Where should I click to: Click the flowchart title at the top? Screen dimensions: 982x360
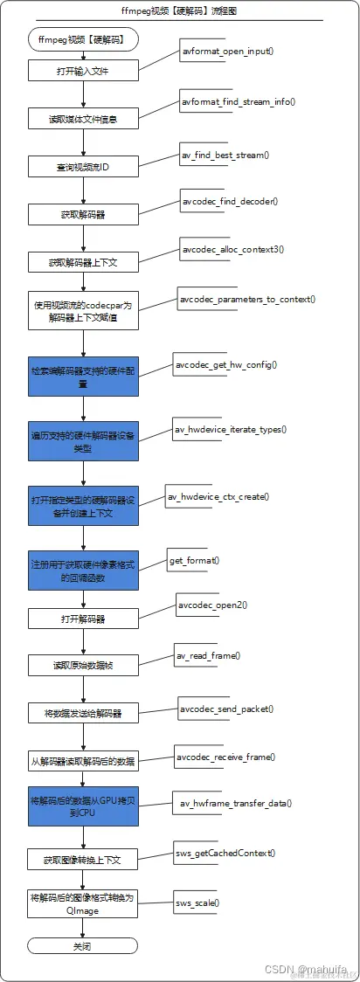pos(180,11)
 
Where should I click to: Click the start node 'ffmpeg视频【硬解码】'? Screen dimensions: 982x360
pos(82,40)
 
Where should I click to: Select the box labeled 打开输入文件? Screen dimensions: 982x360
pos(82,69)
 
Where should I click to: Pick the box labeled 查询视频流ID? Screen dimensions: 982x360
pos(82,166)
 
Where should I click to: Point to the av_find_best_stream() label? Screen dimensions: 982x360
pos(225,155)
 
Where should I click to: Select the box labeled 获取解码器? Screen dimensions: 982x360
pos(82,214)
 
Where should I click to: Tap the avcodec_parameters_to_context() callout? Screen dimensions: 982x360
pos(247,299)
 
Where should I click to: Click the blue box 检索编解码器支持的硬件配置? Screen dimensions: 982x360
pos(82,377)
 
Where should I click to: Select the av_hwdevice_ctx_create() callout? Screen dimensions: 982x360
pos(218,496)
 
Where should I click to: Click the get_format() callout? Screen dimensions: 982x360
pos(193,559)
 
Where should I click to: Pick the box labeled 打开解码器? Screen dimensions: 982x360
pos(82,619)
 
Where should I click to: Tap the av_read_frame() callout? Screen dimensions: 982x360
pos(209,654)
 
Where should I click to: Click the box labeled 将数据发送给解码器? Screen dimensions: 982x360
pos(82,713)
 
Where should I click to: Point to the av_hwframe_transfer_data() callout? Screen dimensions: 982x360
pos(236,803)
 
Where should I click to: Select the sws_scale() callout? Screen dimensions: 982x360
pos(197,902)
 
